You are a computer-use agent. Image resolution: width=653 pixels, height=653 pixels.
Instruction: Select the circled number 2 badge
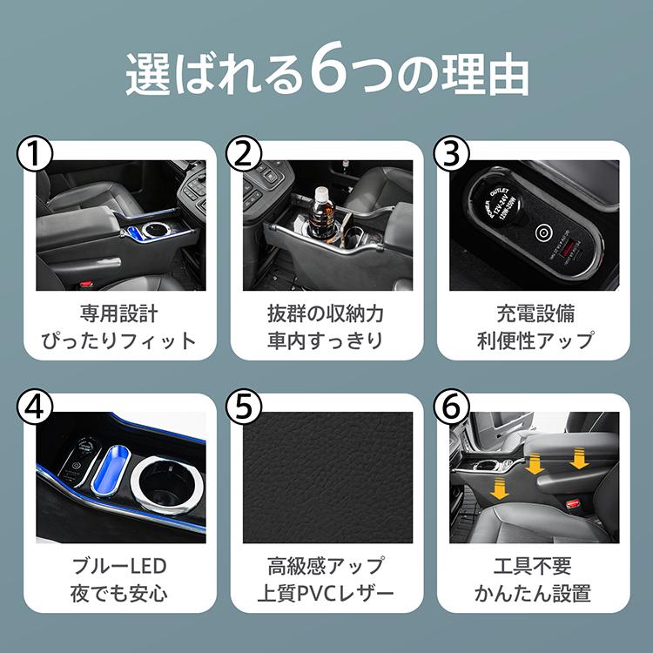coord(243,155)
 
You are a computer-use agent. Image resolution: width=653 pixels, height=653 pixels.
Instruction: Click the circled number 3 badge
coord(450,155)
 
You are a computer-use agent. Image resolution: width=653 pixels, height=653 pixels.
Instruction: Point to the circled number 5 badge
coord(243,407)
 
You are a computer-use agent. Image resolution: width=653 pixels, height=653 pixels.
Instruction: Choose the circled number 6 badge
coord(450,407)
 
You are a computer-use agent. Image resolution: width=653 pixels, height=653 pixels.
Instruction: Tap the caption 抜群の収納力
coord(326,313)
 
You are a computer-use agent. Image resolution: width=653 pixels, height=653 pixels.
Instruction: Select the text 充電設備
coord(533,313)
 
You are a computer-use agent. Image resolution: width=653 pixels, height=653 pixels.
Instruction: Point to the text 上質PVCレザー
coord(326,595)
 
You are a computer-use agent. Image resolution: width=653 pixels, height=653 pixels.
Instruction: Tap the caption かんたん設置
coord(533,595)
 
